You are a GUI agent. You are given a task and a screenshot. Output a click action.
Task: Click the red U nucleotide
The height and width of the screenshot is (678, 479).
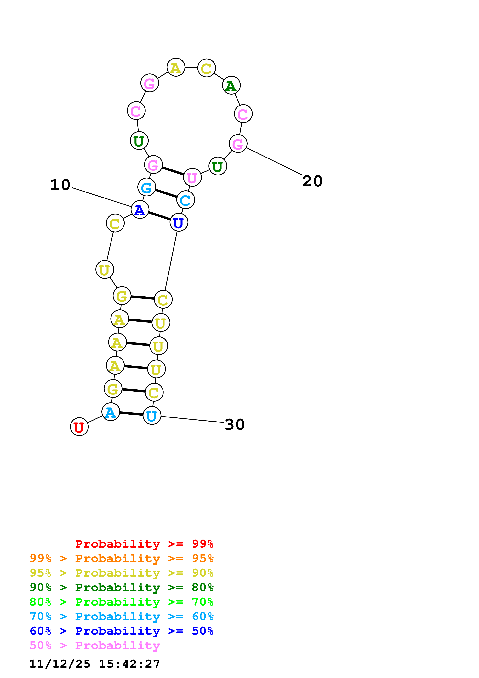[x=79, y=427]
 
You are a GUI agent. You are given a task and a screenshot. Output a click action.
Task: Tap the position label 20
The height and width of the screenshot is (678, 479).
[x=312, y=181]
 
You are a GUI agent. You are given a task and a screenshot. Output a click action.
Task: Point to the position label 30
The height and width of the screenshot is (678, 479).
[x=235, y=424]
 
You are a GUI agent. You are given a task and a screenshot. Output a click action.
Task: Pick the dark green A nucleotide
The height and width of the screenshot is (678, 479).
[x=231, y=85]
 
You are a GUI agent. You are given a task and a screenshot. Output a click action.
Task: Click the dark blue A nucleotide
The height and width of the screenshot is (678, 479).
[x=140, y=210]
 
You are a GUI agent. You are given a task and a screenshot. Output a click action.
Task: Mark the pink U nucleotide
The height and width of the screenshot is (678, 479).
[x=192, y=177]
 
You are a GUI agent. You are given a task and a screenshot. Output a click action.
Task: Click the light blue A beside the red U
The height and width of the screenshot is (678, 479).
[x=111, y=412]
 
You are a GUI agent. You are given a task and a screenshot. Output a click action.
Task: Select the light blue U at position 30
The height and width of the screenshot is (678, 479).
[x=152, y=416]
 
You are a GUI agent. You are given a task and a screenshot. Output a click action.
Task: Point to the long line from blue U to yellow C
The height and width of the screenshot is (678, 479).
[x=171, y=261]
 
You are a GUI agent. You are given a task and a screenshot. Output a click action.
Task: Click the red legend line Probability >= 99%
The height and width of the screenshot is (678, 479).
[x=144, y=544]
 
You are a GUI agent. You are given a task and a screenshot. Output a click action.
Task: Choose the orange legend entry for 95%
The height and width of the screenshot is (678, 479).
[x=121, y=558]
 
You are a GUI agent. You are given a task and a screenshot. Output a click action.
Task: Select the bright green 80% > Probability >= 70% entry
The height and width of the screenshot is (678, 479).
[x=121, y=602]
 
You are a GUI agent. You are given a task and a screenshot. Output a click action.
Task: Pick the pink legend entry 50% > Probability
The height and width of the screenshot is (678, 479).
[x=95, y=645]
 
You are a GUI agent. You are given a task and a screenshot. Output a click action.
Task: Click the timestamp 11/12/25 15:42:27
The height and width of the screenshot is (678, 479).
[x=95, y=664]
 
